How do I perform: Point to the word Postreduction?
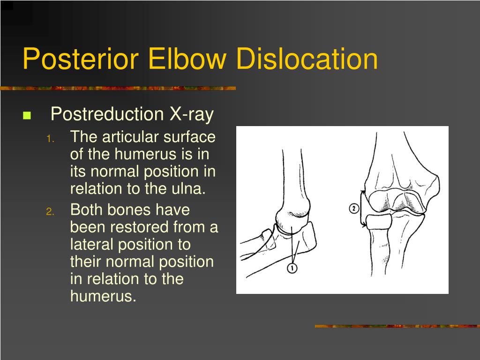pyautogui.click(x=106, y=114)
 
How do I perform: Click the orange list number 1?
pyautogui.click(x=51, y=138)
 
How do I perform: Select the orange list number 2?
pyautogui.click(x=51, y=211)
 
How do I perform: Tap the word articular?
pyautogui.click(x=131, y=137)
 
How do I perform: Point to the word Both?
pyautogui.click(x=87, y=210)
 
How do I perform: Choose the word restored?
pyautogui.click(x=139, y=227)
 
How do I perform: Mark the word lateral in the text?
pyautogui.click(x=92, y=245)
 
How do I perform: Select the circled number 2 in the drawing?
pyautogui.click(x=354, y=209)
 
